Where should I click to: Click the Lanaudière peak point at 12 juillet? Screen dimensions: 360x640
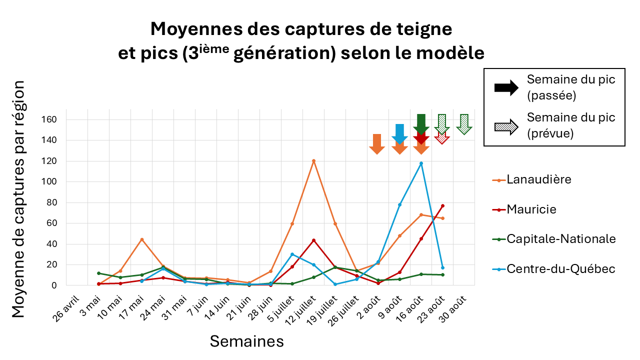tap(313, 161)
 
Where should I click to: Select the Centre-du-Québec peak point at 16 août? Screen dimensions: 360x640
tap(421, 163)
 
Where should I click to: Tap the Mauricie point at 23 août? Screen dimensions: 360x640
tap(442, 205)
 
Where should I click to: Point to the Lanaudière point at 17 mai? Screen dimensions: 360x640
tap(142, 239)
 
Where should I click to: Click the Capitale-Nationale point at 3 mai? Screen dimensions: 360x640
tap(99, 273)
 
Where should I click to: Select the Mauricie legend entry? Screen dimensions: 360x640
tap(524, 209)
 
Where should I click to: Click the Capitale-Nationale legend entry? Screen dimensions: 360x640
tap(553, 239)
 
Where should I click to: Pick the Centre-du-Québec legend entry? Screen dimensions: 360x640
tap(553, 269)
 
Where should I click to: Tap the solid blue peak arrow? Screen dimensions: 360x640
tap(399, 133)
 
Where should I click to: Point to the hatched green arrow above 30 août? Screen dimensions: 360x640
tap(464, 124)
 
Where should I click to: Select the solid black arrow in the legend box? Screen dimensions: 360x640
tap(506, 87)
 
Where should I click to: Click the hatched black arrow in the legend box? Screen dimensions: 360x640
tap(506, 125)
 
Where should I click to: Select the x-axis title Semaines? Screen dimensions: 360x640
tap(246, 341)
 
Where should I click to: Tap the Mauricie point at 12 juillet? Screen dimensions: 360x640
tap(313, 240)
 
